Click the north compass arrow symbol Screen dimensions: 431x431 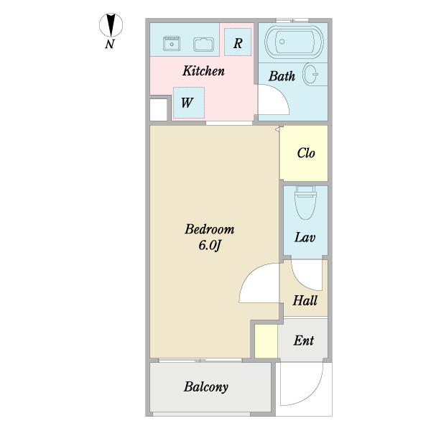[111, 25]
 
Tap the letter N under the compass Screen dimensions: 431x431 [110, 44]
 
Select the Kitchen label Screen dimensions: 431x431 [203, 71]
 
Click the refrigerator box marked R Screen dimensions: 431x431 [238, 42]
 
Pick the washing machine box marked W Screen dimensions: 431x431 [189, 103]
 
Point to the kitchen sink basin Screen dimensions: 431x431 [204, 45]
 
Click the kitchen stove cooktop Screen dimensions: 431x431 [172, 44]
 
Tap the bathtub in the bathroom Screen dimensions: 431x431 [294, 42]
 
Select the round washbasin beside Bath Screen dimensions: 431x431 [310, 74]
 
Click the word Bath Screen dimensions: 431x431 [282, 76]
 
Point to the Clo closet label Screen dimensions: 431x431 [306, 153]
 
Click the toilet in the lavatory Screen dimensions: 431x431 [305, 203]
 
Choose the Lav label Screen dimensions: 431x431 [305, 238]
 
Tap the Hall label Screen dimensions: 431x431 [305, 300]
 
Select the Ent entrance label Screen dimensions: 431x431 [303, 340]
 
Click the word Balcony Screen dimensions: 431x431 [206, 387]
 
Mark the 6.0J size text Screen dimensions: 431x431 [210, 245]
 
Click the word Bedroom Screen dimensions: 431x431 [210, 229]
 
